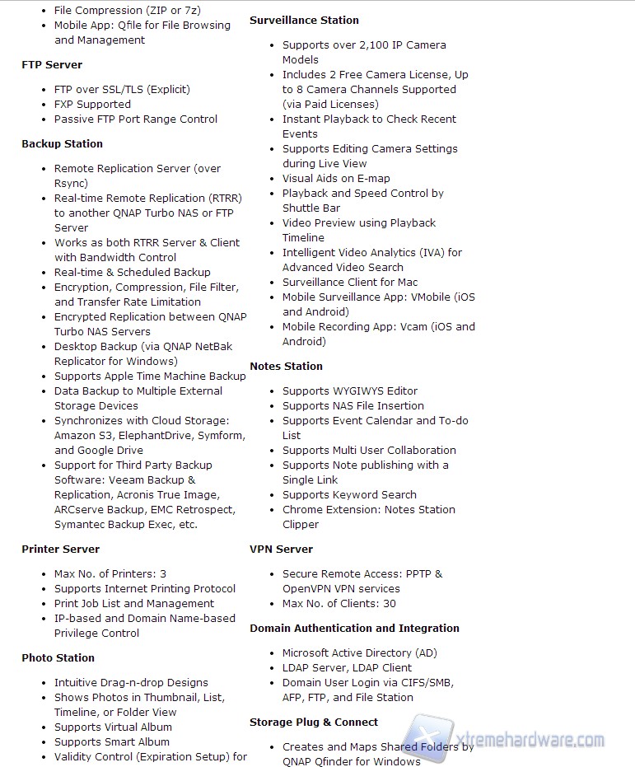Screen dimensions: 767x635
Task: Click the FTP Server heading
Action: click(52, 64)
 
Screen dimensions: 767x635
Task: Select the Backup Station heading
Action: click(62, 143)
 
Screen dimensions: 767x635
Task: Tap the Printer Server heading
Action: click(60, 549)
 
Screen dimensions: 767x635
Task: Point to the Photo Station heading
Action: click(58, 657)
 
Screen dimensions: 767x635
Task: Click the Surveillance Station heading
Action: click(304, 20)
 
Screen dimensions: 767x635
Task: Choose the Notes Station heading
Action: click(286, 366)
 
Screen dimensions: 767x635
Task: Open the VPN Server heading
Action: click(281, 549)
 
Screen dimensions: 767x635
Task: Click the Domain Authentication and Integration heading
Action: click(354, 628)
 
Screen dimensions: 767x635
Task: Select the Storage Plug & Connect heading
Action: click(314, 722)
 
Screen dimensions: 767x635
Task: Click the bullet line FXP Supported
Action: click(92, 104)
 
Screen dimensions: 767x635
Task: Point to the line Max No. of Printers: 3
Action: click(110, 573)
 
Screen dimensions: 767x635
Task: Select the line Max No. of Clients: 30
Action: click(339, 603)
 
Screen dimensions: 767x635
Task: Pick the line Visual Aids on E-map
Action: click(336, 178)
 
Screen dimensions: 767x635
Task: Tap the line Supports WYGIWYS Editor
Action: click(350, 391)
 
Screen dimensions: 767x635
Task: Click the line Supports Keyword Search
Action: click(349, 494)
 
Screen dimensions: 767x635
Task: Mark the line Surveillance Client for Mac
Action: click(350, 282)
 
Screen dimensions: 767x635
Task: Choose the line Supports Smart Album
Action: click(112, 741)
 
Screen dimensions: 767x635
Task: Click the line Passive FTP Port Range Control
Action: click(136, 119)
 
